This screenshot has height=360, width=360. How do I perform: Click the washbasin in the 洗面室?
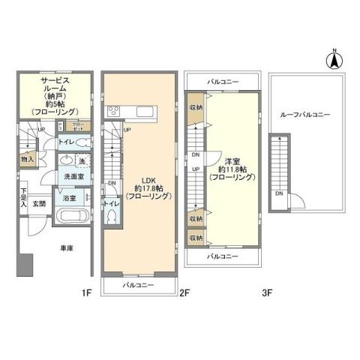pos(64,159)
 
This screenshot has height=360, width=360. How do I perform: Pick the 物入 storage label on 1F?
pos(27,159)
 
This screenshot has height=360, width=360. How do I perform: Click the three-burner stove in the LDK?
pos(115,112)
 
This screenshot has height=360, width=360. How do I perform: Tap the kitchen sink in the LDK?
pos(144,112)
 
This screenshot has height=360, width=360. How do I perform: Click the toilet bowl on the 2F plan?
pos(112,217)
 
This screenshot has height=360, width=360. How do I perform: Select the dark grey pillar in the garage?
pos(25,265)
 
